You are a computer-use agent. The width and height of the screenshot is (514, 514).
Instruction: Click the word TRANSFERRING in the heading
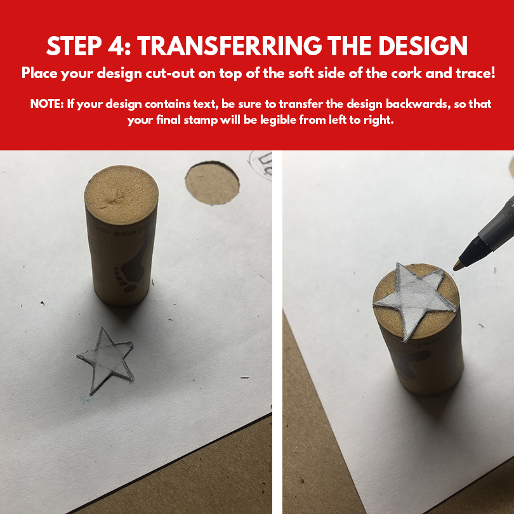(230, 46)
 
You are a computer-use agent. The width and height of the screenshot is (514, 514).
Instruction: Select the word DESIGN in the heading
(423, 46)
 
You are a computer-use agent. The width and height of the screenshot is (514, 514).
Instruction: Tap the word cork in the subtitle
(407, 73)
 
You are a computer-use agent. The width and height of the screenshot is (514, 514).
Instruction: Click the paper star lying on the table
(107, 360)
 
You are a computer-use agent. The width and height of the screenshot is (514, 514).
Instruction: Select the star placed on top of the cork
(414, 300)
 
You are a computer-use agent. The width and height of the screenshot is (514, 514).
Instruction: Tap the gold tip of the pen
(458, 265)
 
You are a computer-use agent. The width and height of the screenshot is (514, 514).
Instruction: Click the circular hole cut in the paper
(212, 183)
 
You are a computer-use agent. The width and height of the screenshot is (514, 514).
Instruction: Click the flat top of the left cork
(121, 195)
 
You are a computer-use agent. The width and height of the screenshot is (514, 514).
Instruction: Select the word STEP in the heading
(74, 46)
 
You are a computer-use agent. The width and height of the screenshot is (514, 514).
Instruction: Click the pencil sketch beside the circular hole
(261, 165)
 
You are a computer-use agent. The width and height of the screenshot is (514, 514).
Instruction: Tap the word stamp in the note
(201, 120)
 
